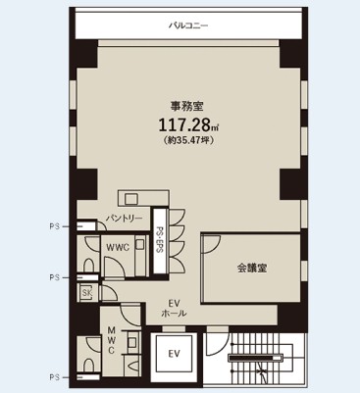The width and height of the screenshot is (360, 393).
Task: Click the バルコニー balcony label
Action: pos(188,25)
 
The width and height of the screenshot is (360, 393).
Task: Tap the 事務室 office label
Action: pos(187,107)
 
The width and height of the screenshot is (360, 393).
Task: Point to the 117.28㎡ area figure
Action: pos(188,124)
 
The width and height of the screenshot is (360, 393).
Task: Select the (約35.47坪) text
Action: pos(188,140)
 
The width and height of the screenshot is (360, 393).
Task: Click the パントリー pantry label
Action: pos(124,218)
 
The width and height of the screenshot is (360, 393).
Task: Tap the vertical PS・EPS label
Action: pos(160,240)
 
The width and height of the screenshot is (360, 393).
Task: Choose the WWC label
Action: pos(118,247)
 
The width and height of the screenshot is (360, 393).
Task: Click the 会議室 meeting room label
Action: pos(252,269)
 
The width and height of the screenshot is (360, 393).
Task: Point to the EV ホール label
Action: pos(174,308)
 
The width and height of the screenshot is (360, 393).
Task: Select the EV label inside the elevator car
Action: pos(175,354)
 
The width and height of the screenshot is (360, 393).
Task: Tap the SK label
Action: pos(87,293)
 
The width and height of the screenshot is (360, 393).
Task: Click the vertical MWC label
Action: pos(111,340)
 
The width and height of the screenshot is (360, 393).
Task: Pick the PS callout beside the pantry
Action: pos(55,226)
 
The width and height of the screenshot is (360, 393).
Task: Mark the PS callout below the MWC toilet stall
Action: pos(55,377)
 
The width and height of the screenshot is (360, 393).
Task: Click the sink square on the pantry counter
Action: pos(131,199)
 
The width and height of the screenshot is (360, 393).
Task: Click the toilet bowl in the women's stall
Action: pos(88,265)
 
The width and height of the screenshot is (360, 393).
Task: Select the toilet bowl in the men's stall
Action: pos(88,366)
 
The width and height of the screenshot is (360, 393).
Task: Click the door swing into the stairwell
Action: pos(217,343)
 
